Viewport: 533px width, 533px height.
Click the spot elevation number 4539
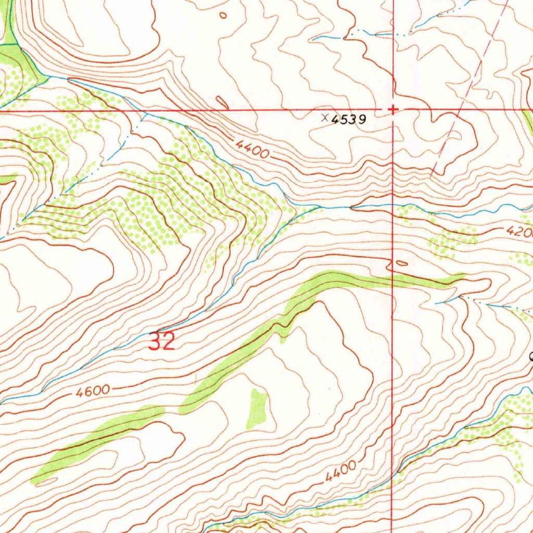(x=348, y=120)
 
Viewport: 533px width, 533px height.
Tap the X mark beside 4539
(x=325, y=118)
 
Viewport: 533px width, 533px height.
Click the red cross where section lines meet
(x=393, y=109)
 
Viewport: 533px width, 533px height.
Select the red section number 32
(x=161, y=342)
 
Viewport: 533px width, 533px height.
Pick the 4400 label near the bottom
(x=342, y=471)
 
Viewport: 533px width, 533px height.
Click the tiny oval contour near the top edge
(x=223, y=15)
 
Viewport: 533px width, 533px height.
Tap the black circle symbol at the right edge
(x=531, y=357)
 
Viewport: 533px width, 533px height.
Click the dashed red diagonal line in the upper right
(x=468, y=94)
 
